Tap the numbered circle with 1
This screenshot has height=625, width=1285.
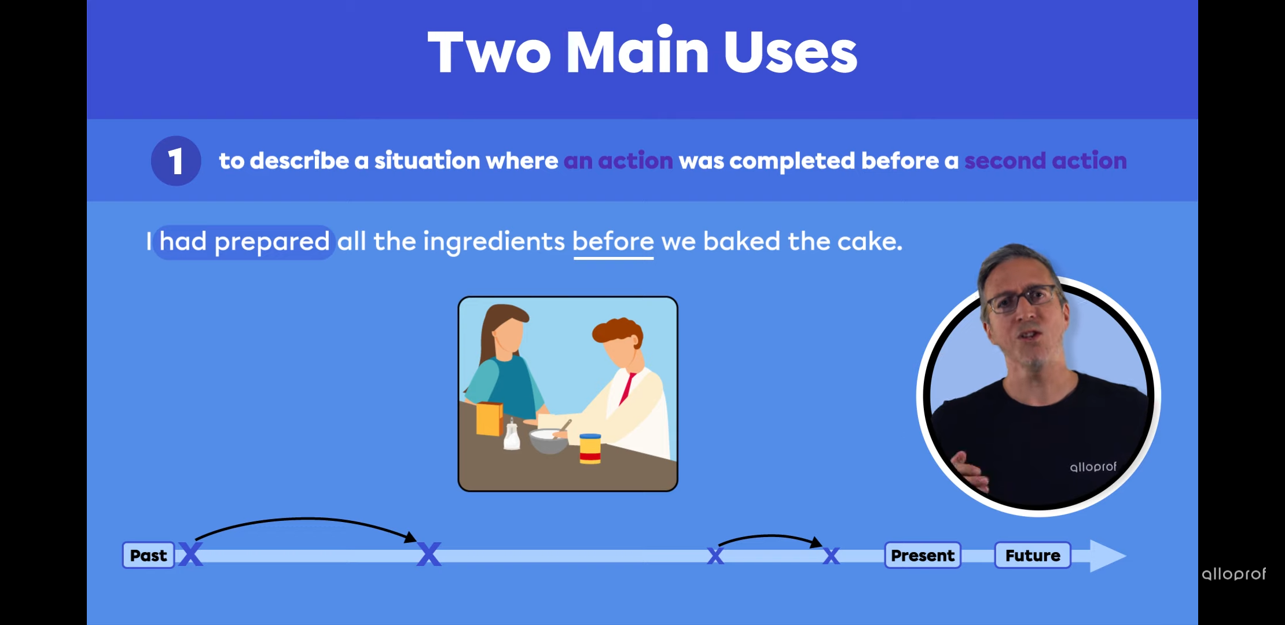pos(176,161)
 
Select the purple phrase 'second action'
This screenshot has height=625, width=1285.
pos(1045,161)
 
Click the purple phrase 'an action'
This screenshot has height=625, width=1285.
pos(618,161)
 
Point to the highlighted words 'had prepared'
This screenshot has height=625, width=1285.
pos(245,242)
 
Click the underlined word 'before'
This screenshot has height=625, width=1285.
pos(614,242)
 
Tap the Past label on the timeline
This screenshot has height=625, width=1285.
pos(149,556)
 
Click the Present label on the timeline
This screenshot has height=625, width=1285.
pos(923,556)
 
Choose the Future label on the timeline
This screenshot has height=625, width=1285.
pos(1033,556)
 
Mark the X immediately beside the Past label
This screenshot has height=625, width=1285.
pos(190,554)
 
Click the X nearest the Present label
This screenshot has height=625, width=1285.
pos(831,556)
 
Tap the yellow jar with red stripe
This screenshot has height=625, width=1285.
pos(590,448)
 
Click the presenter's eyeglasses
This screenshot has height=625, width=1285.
pos(1023,298)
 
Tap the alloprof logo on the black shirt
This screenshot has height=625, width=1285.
pos(1093,466)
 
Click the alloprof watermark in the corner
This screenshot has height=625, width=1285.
pos(1233,573)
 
